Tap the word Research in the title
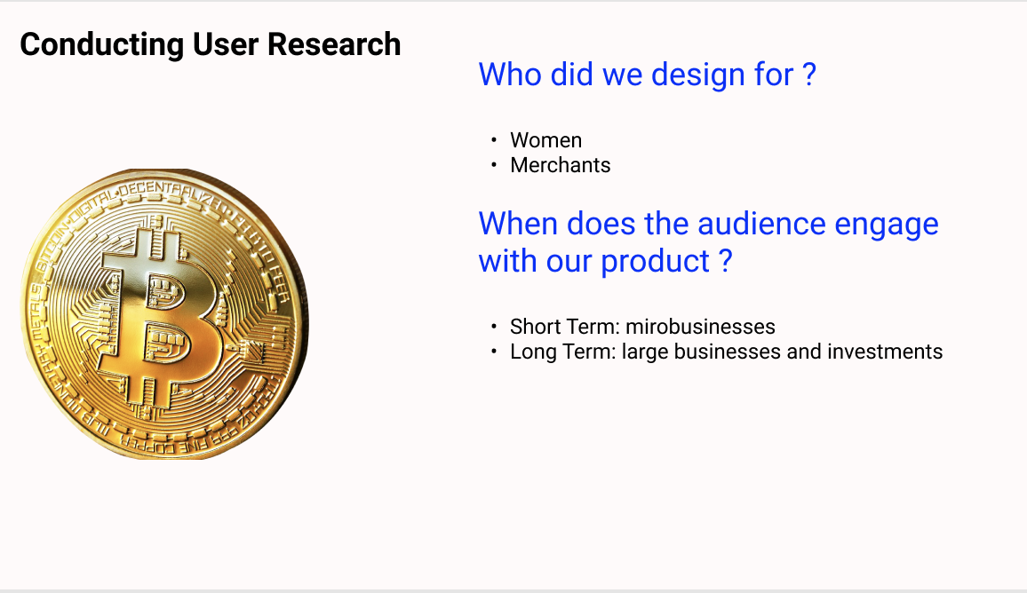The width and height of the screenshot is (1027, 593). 334,44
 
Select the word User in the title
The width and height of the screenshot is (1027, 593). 226,44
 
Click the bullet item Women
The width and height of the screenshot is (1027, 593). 545,140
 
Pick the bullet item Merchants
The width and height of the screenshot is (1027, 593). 560,165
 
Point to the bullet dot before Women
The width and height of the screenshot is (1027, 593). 494,139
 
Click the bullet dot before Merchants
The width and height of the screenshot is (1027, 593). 494,164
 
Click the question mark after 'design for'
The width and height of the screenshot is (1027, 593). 809,74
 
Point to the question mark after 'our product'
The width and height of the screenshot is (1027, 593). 725,260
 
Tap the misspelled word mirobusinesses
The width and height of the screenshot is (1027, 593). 700,327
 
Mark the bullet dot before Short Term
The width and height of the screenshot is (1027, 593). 494,326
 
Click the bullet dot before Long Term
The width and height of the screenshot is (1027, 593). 494,351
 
